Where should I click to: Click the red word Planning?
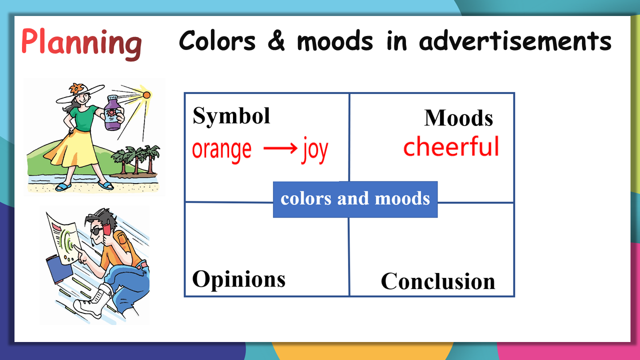pos(81,43)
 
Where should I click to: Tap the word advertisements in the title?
pos(515,41)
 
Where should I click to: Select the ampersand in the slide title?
pos(276,41)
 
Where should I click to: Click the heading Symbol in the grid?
pos(231,116)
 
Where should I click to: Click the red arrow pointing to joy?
pos(280,148)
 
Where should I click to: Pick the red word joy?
pos(315,150)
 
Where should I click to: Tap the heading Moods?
pos(458,117)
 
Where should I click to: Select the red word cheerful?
pos(451,146)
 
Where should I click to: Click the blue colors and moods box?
pos(355,199)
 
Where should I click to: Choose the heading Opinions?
pos(239,279)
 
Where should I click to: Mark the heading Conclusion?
pos(438,281)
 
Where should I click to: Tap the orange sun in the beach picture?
pos(146,95)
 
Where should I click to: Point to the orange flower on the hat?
pos(76,89)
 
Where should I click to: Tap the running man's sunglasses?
pos(97,231)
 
